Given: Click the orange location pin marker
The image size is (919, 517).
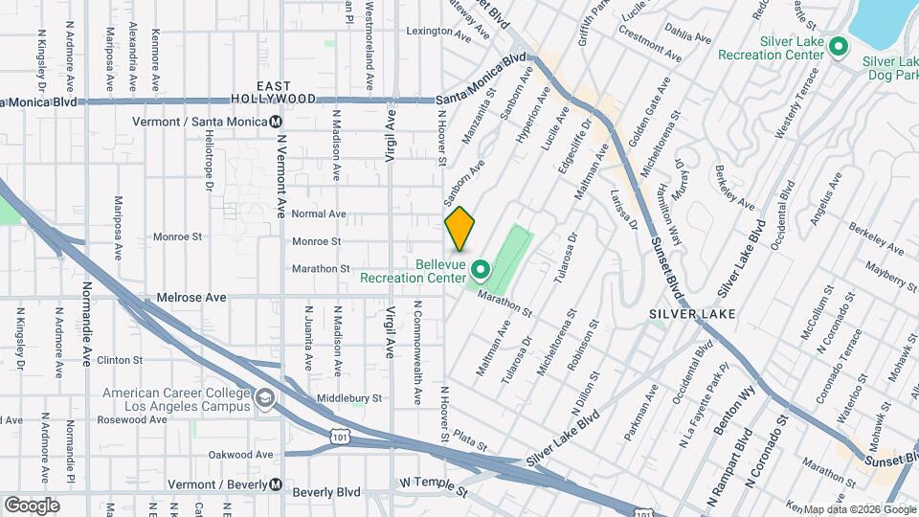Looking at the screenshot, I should click(459, 229).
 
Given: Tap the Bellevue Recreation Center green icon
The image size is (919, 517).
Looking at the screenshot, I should click(481, 271).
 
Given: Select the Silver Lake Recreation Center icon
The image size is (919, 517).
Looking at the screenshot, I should click(839, 46).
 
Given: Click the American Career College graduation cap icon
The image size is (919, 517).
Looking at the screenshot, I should click(263, 397).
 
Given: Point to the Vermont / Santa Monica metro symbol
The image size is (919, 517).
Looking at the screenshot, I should click(276, 122).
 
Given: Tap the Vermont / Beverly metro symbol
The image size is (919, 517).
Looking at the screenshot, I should click(276, 484).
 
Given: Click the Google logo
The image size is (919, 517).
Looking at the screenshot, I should click(32, 505).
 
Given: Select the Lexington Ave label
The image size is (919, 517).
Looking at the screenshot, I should click(440, 31).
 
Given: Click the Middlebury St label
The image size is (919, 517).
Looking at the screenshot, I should click(350, 397).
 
